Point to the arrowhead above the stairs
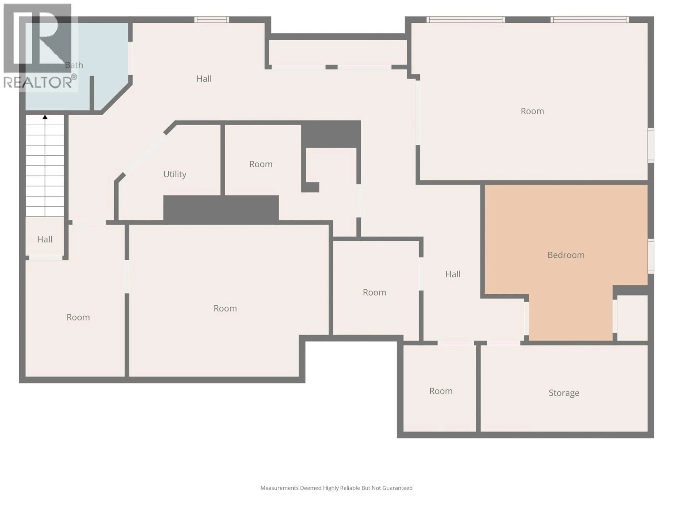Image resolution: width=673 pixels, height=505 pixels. pos(45,117)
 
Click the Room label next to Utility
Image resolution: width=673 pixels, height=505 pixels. pos(261,164)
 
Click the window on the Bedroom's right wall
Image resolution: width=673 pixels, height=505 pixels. pos(651,256)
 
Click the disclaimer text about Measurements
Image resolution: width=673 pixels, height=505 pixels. pos(336,488)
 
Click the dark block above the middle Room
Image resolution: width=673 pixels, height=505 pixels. pos(331,134)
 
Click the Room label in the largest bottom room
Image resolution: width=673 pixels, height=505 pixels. pos(225,308)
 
